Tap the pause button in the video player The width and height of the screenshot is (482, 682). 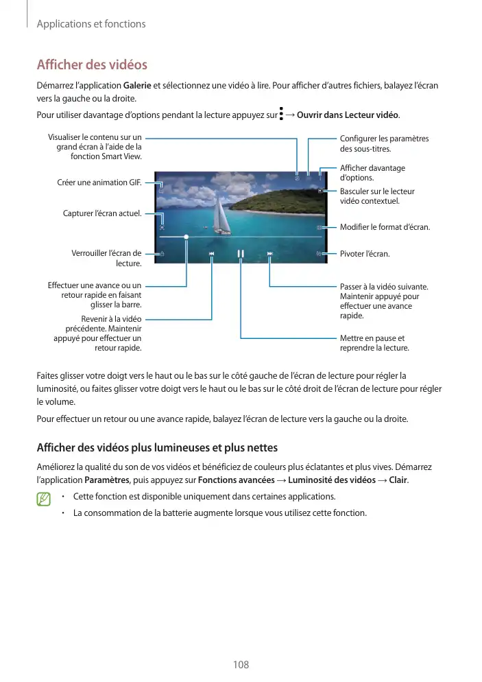(241, 254)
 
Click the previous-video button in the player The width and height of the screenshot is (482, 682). (212, 254)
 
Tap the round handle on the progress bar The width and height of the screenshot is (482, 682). (186, 235)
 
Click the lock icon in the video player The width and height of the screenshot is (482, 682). (162, 254)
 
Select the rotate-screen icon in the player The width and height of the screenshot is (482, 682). (320, 254)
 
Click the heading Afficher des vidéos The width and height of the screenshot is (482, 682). (91, 66)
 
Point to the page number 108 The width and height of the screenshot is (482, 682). (241, 665)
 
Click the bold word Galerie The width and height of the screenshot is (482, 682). (137, 85)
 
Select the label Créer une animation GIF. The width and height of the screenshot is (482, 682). (99, 183)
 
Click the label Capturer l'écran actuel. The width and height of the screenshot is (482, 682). (101, 213)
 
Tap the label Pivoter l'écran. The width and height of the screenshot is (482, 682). (365, 255)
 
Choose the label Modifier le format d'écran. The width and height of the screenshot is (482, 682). (385, 227)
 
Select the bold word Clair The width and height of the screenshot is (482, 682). (397, 480)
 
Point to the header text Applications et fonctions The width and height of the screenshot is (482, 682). (91, 24)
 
